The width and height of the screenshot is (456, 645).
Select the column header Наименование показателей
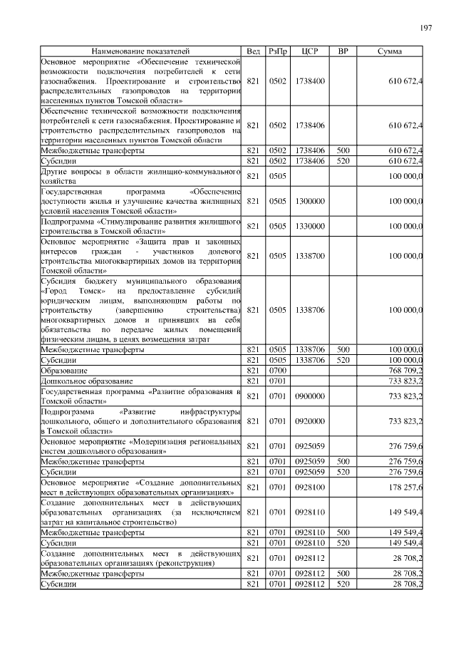coord(140,52)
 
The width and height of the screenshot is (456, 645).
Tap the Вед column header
coord(253,52)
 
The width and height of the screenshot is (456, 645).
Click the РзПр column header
coord(277,52)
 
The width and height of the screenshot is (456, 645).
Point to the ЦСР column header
coord(309,52)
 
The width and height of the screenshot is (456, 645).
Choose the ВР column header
coord(343,52)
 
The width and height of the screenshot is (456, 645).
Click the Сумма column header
coord(389,52)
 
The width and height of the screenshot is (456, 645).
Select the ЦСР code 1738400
coord(309,82)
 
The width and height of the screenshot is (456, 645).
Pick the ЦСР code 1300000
coord(309,202)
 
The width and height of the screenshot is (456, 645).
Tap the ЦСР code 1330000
coord(309,226)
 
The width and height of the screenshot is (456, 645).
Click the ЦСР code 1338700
coord(309,255)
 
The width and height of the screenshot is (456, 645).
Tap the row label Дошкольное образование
coord(86,381)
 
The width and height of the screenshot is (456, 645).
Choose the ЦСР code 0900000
coord(309,396)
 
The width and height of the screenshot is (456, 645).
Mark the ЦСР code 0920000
coord(309,421)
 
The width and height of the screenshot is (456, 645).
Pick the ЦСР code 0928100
coord(309,487)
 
